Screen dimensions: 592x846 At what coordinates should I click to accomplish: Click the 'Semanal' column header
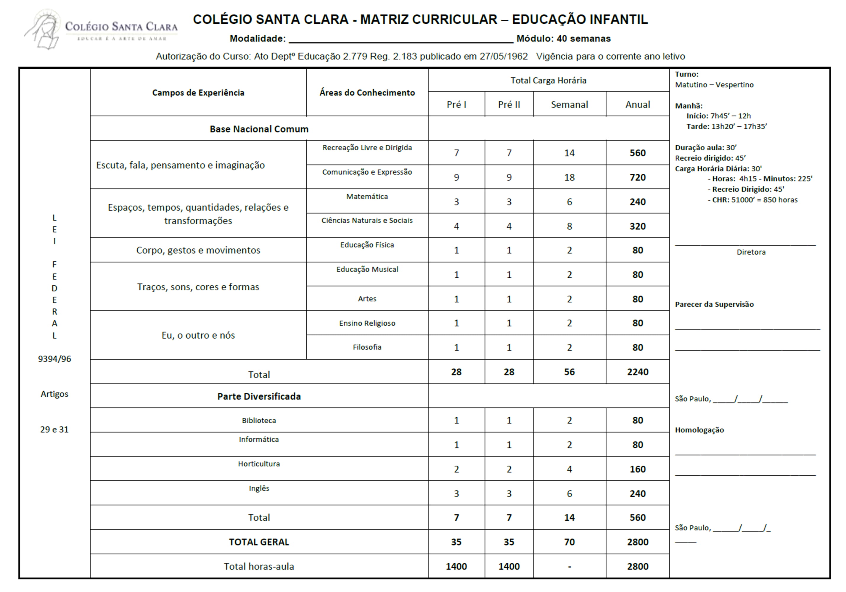(x=569, y=104)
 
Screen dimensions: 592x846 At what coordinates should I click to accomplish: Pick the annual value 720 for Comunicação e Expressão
(x=637, y=178)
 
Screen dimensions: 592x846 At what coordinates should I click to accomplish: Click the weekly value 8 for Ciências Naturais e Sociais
(x=569, y=226)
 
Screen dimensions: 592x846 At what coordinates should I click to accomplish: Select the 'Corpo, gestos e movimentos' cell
(x=198, y=250)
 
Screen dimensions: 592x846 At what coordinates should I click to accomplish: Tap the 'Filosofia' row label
(x=367, y=347)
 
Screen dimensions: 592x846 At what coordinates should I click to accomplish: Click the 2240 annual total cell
(x=637, y=372)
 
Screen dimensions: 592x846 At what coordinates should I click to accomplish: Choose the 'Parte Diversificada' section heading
(x=259, y=396)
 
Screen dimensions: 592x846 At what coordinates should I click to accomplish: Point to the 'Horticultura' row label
(x=259, y=464)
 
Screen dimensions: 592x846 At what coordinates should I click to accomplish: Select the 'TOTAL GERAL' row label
(x=259, y=542)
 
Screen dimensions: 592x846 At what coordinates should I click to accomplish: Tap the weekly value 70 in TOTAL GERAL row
(x=569, y=542)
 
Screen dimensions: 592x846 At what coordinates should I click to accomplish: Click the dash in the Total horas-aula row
(x=569, y=567)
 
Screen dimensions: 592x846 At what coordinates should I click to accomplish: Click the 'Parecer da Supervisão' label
(x=714, y=305)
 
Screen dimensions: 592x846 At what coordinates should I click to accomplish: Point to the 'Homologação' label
(x=699, y=430)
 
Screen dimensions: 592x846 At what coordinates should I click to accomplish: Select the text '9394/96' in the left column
(x=54, y=359)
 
